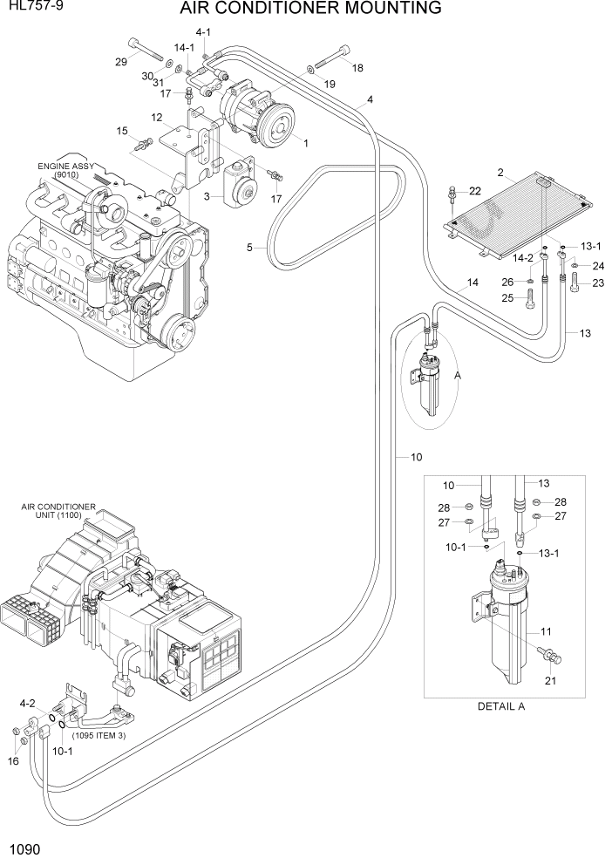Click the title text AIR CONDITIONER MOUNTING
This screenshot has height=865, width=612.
coord(310,10)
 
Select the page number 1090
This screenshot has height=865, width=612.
coord(24,848)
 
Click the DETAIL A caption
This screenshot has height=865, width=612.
coord(500,706)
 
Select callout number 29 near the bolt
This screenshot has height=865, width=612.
coord(121,61)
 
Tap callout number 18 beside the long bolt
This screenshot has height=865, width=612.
coord(357,67)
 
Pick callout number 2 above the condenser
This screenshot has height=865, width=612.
coord(501,172)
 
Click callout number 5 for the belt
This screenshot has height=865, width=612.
coord(249,248)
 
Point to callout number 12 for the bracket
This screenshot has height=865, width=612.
coord(157,118)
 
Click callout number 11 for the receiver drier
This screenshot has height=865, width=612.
coord(547,631)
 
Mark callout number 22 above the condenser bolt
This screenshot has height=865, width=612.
coord(475,191)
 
